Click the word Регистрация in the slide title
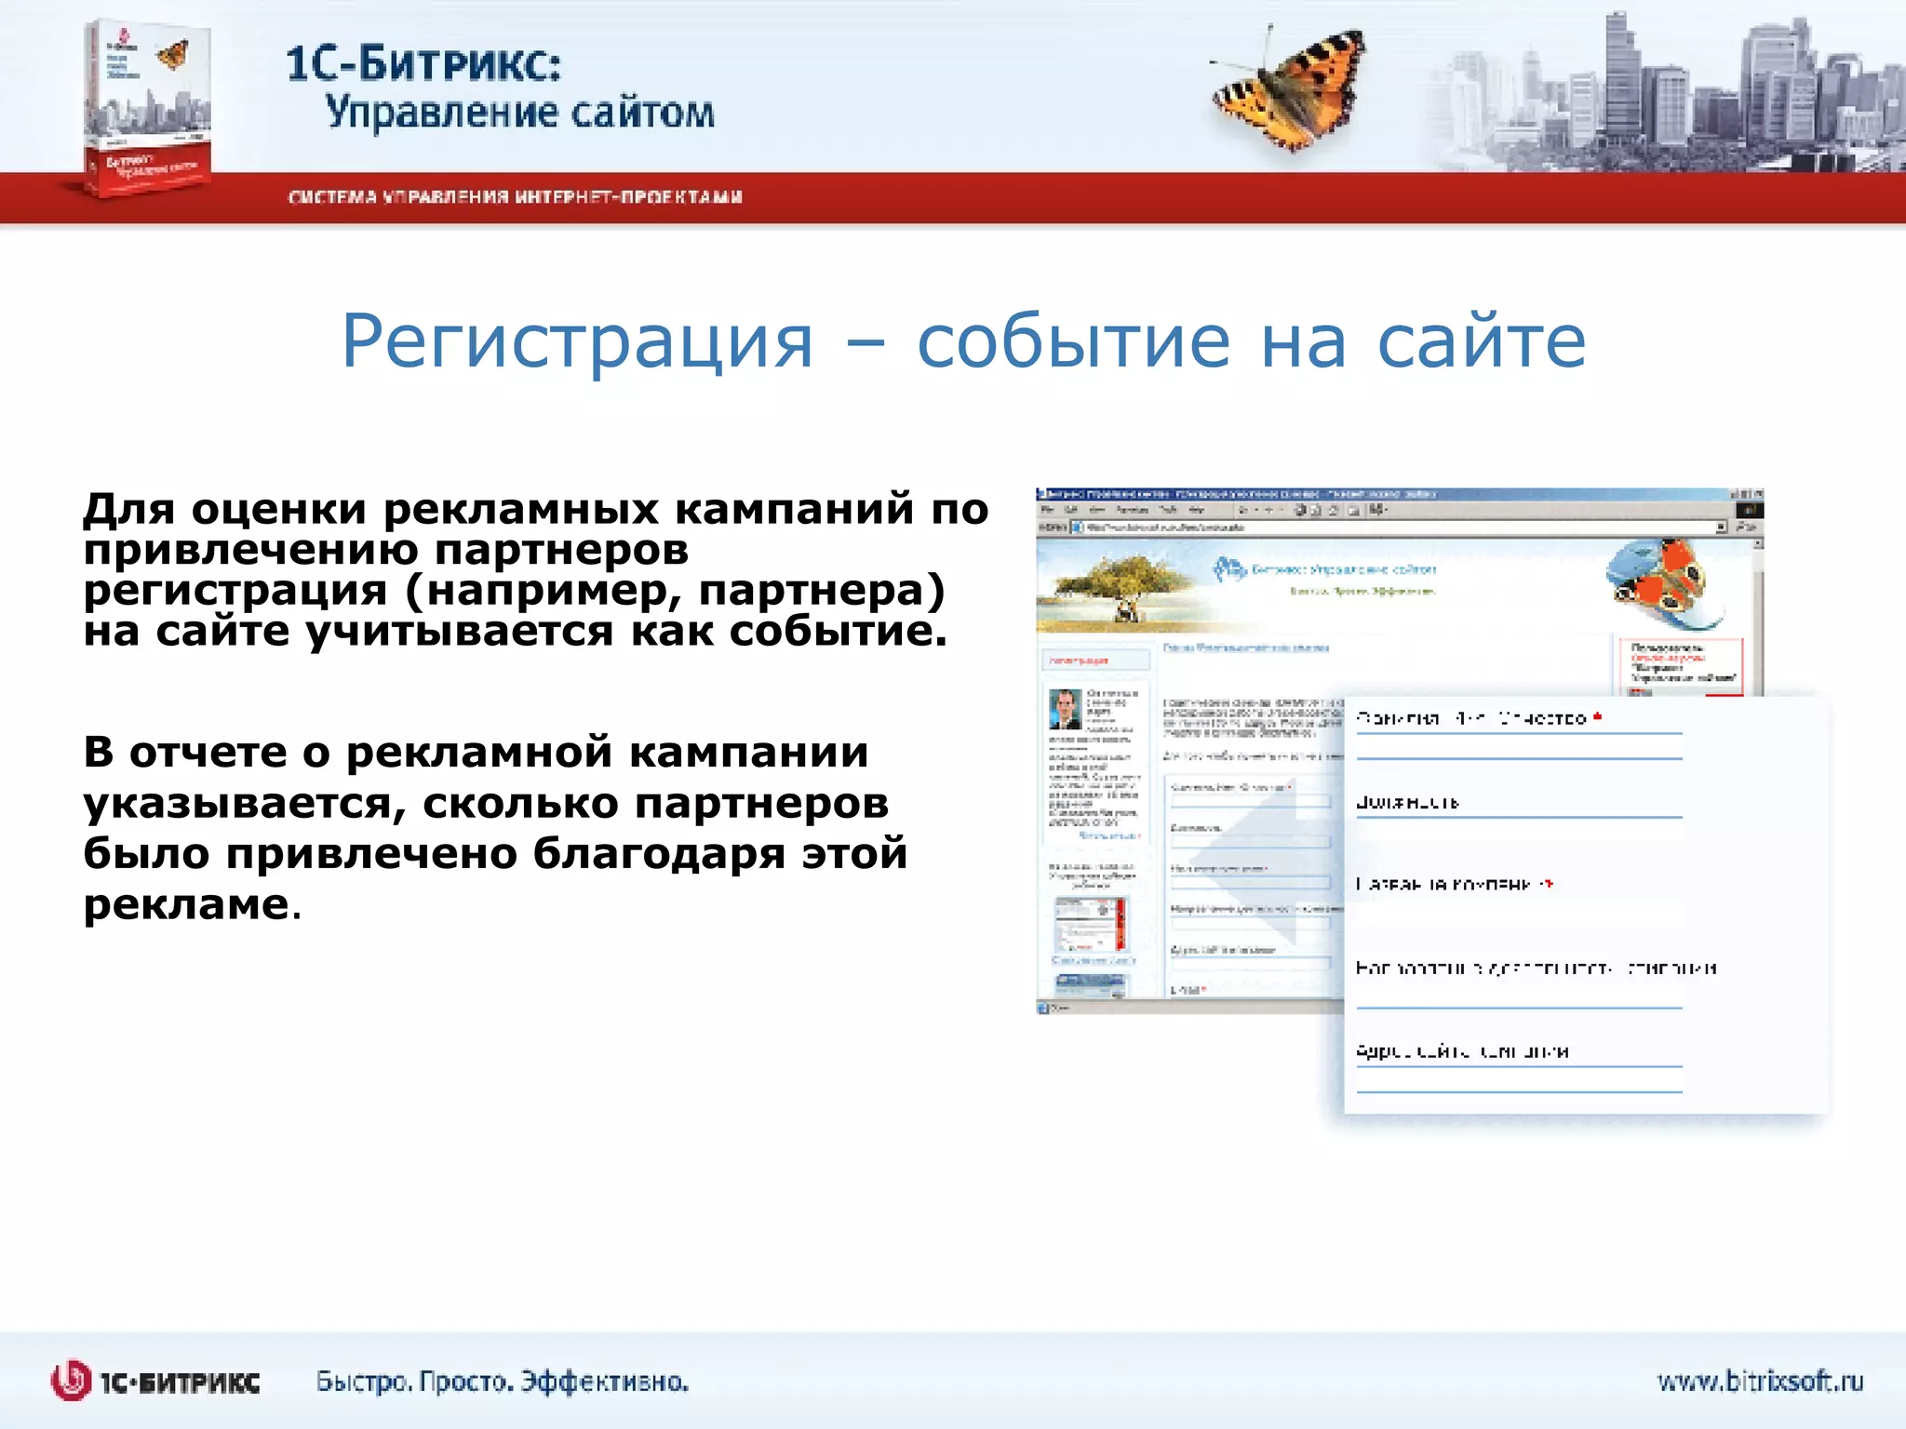[577, 341]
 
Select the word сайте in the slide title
[1482, 341]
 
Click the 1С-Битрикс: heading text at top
[423, 63]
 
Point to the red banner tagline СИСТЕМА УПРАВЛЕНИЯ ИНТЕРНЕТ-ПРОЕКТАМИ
[515, 197]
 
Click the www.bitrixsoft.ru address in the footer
[1759, 1381]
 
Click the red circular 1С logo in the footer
[71, 1381]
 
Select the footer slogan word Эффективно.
[604, 1382]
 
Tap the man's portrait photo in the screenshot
[1065, 709]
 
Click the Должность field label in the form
[1406, 802]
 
